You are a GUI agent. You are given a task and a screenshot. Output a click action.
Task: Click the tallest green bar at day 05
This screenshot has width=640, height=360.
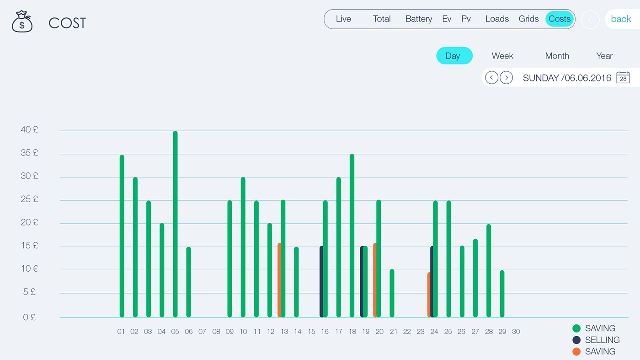tap(175, 224)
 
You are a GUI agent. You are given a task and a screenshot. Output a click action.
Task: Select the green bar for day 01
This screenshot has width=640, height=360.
tap(122, 236)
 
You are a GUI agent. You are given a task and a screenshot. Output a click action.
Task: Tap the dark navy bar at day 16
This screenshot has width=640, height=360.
tap(321, 281)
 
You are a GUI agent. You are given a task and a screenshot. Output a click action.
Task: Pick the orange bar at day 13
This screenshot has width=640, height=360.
tap(279, 280)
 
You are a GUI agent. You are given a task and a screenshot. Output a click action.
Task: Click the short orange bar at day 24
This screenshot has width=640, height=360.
tap(429, 295)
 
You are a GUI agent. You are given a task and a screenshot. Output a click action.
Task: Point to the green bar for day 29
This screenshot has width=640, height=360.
tap(502, 294)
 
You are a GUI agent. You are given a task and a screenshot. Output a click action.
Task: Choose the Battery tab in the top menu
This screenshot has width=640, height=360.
tap(419, 19)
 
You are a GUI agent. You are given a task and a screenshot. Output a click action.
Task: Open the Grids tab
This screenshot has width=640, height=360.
tap(528, 19)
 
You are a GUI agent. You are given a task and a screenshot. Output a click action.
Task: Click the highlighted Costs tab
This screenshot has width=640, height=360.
tap(560, 19)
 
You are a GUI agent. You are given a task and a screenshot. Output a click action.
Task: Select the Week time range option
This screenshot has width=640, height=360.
tap(502, 56)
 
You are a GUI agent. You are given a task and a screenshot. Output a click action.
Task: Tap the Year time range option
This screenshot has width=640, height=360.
tap(604, 56)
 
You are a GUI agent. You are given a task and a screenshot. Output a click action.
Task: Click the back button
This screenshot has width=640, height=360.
tap(621, 19)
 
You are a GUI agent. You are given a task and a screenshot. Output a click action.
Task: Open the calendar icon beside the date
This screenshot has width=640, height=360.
tap(623, 78)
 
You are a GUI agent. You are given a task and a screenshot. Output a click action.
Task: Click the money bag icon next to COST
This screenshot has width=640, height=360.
tap(22, 22)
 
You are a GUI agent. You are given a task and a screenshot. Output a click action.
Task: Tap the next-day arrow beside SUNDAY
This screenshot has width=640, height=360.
tap(506, 78)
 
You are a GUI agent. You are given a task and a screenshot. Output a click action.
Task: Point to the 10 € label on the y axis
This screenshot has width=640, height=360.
tap(30, 269)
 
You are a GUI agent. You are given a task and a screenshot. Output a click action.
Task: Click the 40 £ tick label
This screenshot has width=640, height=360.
tap(30, 130)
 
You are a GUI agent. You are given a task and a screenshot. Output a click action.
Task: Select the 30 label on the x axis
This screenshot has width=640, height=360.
tap(516, 332)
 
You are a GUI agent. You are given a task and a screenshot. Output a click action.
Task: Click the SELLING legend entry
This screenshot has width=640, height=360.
tap(602, 340)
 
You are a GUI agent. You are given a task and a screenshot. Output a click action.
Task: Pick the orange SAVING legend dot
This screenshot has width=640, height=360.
tap(576, 352)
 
